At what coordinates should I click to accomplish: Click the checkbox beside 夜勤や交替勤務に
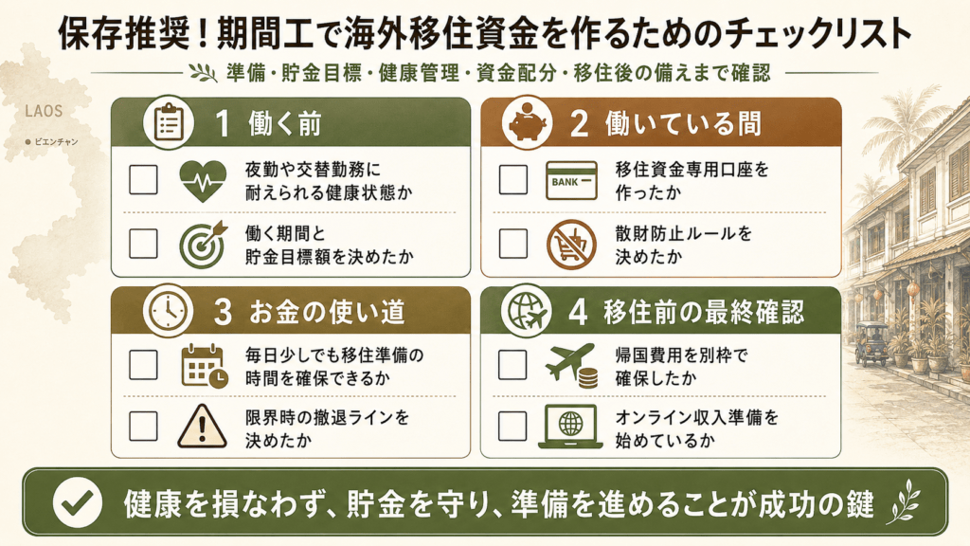point(143,179)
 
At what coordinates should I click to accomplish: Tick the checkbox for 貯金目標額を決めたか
point(143,244)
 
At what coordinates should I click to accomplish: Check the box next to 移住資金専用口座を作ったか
point(512,179)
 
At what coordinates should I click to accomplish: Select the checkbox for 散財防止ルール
point(512,244)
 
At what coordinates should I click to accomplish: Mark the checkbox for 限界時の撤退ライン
point(143,426)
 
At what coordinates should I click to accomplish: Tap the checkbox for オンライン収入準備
point(512,426)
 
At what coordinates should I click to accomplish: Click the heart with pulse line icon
point(203,181)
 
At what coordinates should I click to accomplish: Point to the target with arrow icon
point(203,245)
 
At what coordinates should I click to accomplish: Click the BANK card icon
point(571,181)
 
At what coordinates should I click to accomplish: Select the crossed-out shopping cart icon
point(571,245)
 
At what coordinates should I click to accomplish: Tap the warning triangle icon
point(203,426)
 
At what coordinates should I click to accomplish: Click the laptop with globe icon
point(570,427)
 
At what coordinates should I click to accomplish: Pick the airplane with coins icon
point(571,365)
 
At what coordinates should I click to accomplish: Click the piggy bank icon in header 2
point(527,124)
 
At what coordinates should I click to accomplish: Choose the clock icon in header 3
point(169,311)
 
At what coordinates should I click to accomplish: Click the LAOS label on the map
point(44,112)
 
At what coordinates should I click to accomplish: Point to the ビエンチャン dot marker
point(27,142)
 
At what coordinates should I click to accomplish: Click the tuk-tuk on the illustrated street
point(871,343)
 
